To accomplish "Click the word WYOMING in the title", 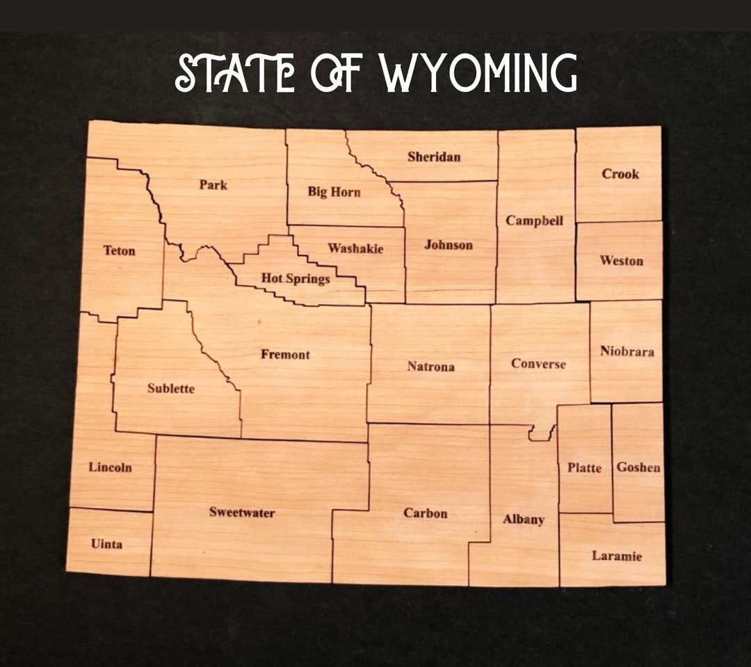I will click(x=478, y=73).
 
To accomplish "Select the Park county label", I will click(x=213, y=185).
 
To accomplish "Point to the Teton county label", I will click(x=120, y=250).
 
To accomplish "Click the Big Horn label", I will click(x=334, y=192).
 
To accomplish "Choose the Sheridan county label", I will click(x=434, y=156).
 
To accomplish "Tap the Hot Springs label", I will click(x=296, y=279).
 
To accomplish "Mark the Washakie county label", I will click(x=355, y=248).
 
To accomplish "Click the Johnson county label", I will click(x=449, y=245).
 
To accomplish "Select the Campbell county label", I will click(x=534, y=220).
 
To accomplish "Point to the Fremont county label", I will click(x=285, y=355).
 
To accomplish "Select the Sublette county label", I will click(x=171, y=389).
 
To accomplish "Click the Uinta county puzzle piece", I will click(x=108, y=543).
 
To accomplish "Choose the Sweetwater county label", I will click(x=242, y=513).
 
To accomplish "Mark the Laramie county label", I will click(x=617, y=556).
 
